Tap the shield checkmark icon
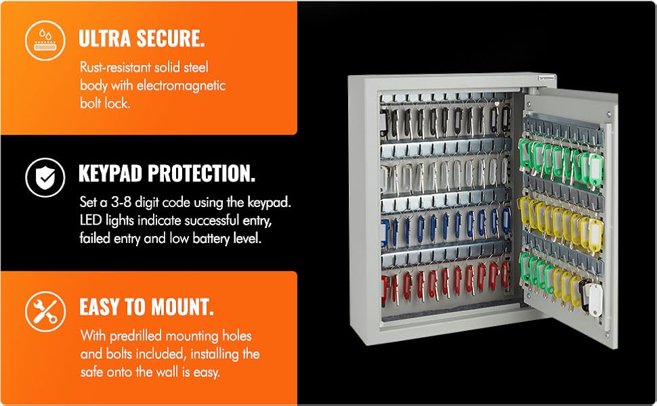[45, 177]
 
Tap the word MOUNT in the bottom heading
[181, 308]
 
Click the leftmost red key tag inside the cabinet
[387, 287]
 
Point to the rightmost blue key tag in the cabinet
[505, 223]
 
